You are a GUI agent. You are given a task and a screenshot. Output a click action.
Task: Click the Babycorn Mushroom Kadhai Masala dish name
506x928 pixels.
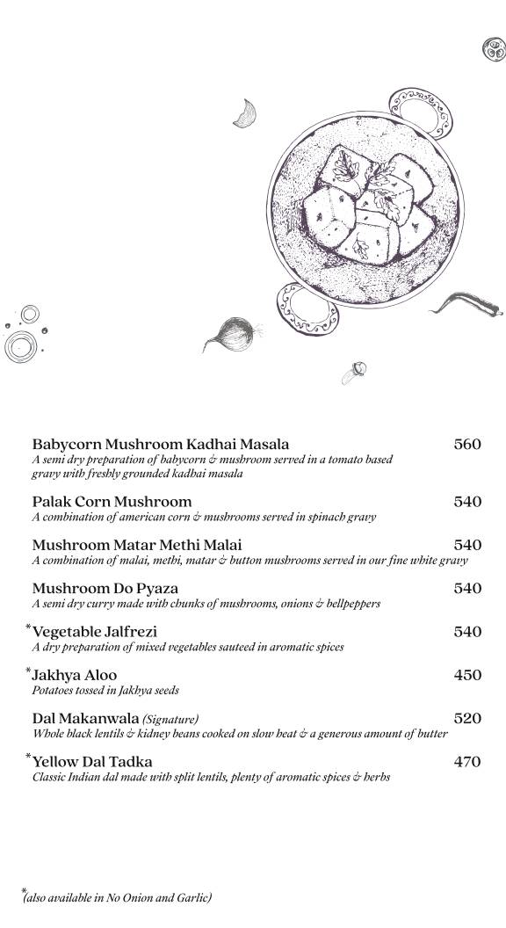[160, 445]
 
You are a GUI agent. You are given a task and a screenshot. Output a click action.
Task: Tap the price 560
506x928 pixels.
[467, 445]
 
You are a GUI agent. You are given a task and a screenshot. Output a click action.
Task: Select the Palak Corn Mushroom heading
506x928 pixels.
[112, 502]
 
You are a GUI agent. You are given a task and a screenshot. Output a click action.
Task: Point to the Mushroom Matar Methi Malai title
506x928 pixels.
[136, 545]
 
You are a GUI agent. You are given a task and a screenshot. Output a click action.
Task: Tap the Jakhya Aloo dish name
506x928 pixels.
[74, 675]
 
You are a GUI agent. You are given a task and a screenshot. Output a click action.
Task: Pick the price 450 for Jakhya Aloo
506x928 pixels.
[467, 675]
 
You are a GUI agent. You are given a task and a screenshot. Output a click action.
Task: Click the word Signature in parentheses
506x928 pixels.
[170, 719]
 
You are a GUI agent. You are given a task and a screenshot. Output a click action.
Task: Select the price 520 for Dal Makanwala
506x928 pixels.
[467, 718]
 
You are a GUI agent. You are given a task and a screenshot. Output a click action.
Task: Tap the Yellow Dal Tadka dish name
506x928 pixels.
[92, 762]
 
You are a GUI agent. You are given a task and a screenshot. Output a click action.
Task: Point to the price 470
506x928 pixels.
[467, 762]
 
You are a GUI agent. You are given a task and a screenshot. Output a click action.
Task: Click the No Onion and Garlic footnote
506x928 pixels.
[118, 897]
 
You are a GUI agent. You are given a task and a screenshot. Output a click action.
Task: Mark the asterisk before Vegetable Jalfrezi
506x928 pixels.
[28, 627]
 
